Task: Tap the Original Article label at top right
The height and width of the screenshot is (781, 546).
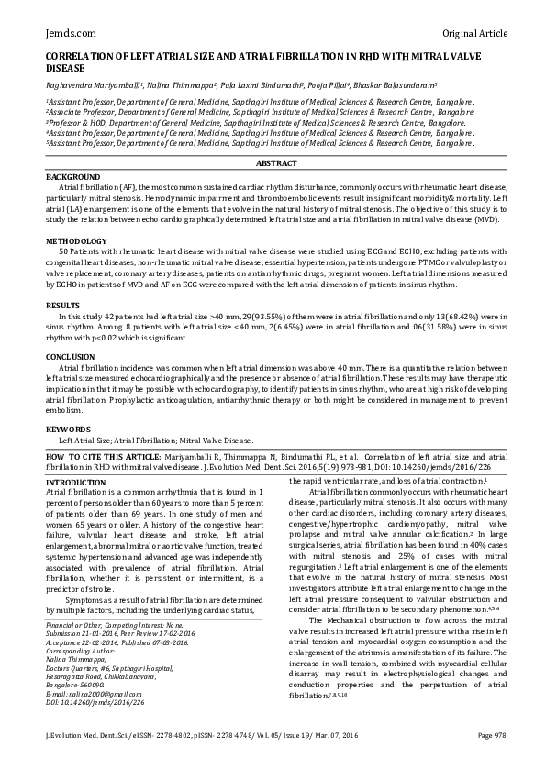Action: click(x=474, y=33)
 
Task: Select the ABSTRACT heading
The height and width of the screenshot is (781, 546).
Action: click(x=276, y=163)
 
